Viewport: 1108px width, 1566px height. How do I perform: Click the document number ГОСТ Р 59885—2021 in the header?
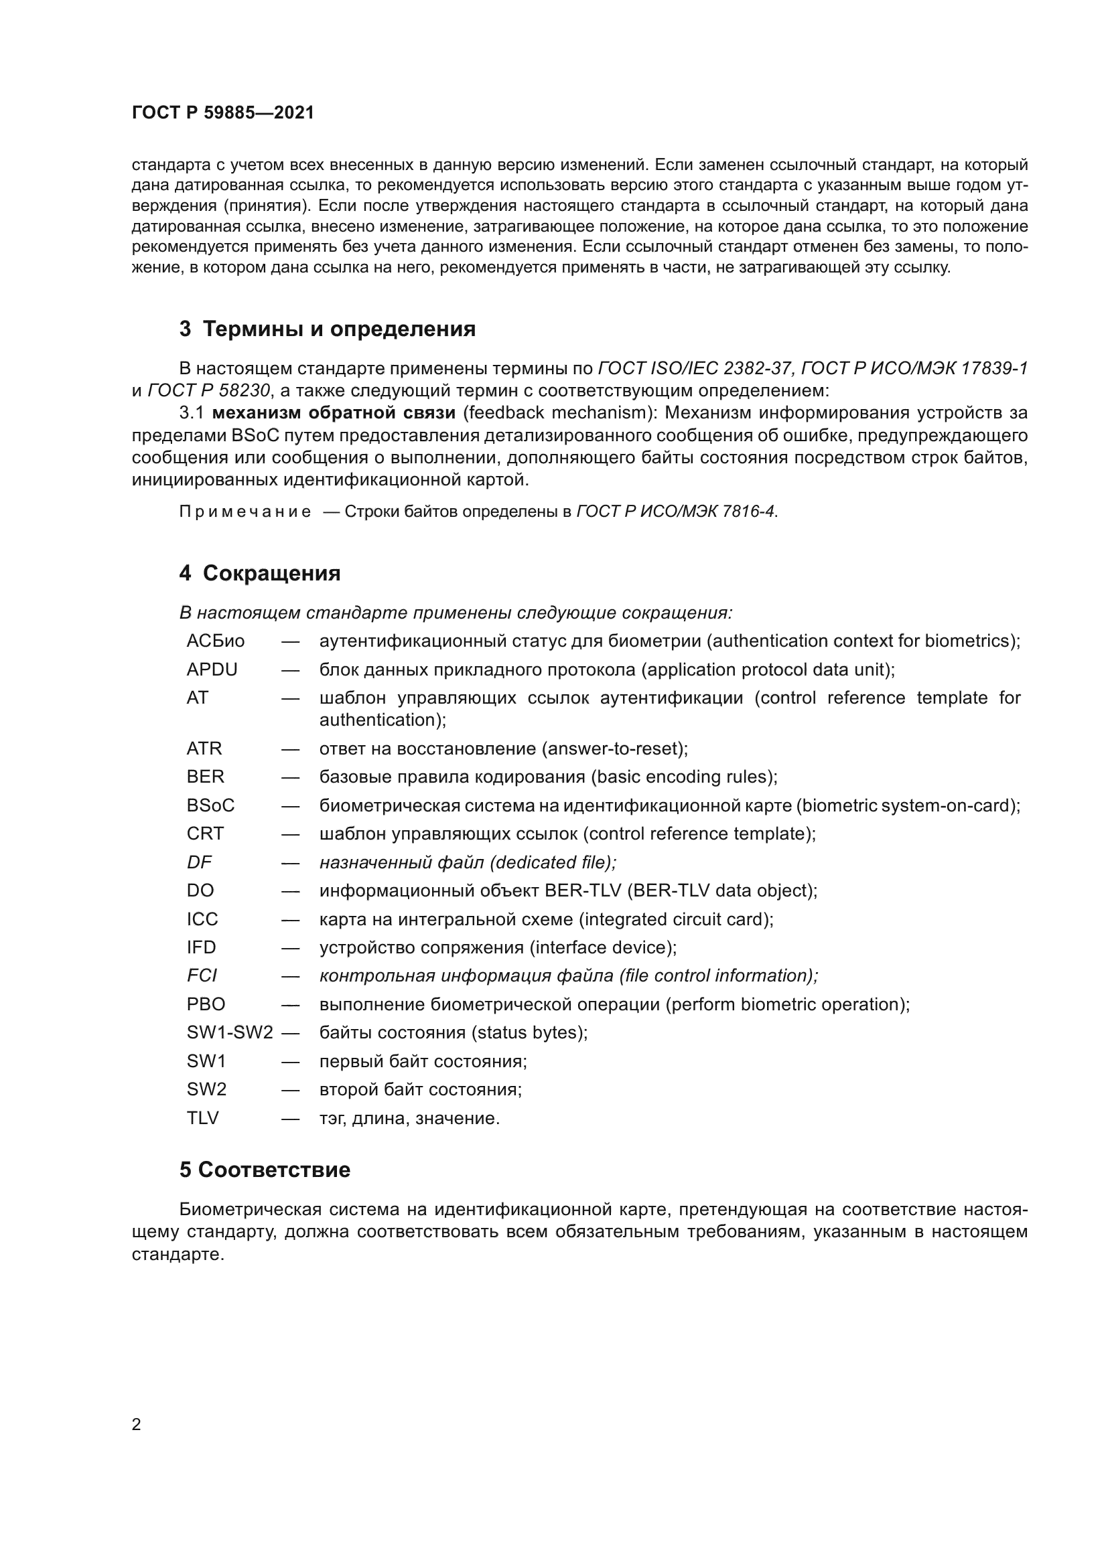[x=223, y=112]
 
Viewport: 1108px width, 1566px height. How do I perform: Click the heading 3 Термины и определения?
[x=328, y=329]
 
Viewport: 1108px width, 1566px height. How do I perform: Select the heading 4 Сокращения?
[x=260, y=573]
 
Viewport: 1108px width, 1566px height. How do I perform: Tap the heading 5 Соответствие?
[x=265, y=1170]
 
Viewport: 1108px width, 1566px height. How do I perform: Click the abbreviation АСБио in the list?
[x=216, y=641]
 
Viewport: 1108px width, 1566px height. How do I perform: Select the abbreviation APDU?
[x=212, y=670]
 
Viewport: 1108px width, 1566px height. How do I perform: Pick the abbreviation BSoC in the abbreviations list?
[x=211, y=805]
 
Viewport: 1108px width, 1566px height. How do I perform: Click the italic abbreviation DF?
[x=199, y=862]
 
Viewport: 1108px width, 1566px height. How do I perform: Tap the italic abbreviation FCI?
[x=202, y=975]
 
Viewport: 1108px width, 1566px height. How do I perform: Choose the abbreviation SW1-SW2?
[x=230, y=1032]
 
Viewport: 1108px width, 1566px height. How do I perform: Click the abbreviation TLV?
[x=202, y=1118]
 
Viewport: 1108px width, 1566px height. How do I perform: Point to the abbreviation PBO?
[x=206, y=1004]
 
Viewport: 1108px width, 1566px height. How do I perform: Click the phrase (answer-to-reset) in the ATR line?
[x=614, y=749]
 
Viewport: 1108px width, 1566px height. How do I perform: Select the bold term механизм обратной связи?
[x=334, y=412]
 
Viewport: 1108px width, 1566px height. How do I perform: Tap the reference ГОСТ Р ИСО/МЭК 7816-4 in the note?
[x=675, y=512]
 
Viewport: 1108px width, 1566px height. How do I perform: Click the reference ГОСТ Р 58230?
[x=209, y=390]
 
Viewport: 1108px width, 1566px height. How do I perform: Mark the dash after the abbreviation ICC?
[x=290, y=919]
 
